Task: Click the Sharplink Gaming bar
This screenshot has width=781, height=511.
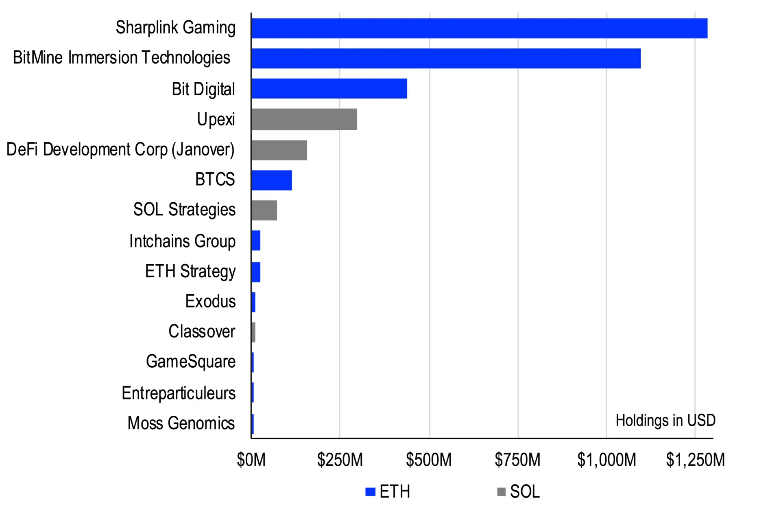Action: point(479,28)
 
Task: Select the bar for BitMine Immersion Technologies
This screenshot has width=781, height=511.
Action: point(446,58)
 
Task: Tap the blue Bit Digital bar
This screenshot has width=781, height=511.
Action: point(329,88)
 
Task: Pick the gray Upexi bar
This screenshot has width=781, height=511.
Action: point(304,119)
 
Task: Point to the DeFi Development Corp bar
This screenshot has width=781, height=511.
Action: point(279,150)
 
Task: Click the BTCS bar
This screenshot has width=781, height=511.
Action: point(271,180)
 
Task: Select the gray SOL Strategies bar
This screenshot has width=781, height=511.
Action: point(264,210)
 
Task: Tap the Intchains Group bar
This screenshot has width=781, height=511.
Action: point(256,240)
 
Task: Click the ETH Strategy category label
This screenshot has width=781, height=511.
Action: point(190,271)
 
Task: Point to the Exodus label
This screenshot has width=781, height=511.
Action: point(210,301)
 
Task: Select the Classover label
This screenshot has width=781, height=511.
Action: point(202,331)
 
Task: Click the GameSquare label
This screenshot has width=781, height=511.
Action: point(190,362)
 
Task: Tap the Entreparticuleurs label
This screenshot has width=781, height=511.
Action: point(179,393)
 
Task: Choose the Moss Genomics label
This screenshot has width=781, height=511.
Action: point(181,423)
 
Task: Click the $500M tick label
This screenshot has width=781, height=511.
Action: point(429,460)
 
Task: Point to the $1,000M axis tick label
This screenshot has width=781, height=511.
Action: point(606,460)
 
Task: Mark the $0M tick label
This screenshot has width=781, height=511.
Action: point(251,460)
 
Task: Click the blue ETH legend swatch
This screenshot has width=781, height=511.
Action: point(370,491)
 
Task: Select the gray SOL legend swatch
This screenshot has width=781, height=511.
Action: point(501,491)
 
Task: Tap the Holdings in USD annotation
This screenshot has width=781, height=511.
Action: point(665,420)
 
